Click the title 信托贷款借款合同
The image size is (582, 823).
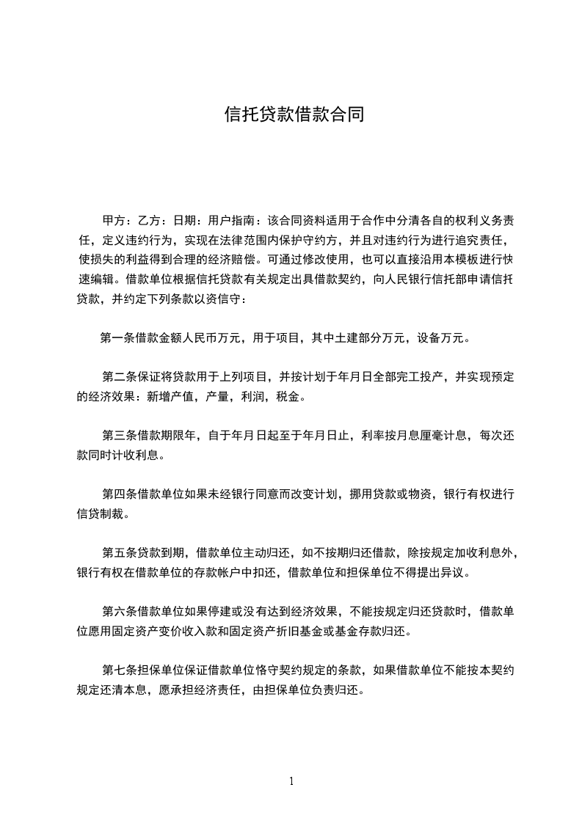tap(294, 115)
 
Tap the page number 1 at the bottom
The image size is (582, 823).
tap(291, 781)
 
